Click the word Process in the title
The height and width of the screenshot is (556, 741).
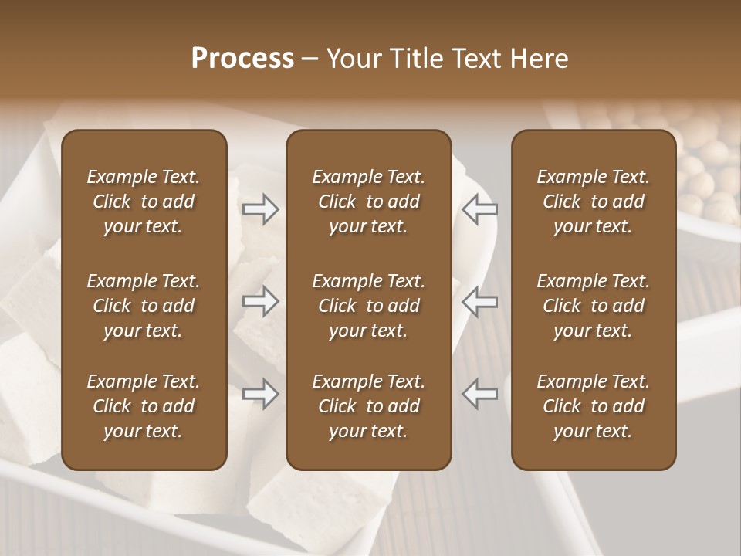pyautogui.click(x=242, y=59)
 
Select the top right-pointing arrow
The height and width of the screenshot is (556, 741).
pyautogui.click(x=260, y=208)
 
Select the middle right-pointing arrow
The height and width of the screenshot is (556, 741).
pyautogui.click(x=260, y=301)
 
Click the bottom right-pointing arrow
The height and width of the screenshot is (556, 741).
pyautogui.click(x=260, y=394)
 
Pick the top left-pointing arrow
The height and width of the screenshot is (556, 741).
pyautogui.click(x=479, y=208)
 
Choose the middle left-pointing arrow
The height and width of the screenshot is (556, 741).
pyautogui.click(x=479, y=301)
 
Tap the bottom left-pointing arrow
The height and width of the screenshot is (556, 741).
pyautogui.click(x=479, y=394)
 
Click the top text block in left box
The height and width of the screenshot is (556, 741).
pyautogui.click(x=144, y=202)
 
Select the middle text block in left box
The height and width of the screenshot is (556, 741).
pyautogui.click(x=144, y=306)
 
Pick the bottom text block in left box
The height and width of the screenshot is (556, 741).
pyautogui.click(x=144, y=406)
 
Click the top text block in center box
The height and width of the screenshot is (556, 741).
pyautogui.click(x=368, y=202)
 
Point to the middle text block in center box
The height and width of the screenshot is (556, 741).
pyautogui.click(x=368, y=306)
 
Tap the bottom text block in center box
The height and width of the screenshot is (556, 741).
pyautogui.click(x=368, y=406)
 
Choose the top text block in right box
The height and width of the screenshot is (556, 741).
pyautogui.click(x=593, y=202)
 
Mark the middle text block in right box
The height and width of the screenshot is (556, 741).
pyautogui.click(x=593, y=306)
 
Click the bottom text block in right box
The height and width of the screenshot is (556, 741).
pyautogui.click(x=593, y=406)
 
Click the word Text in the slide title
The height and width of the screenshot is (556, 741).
pyautogui.click(x=475, y=59)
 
